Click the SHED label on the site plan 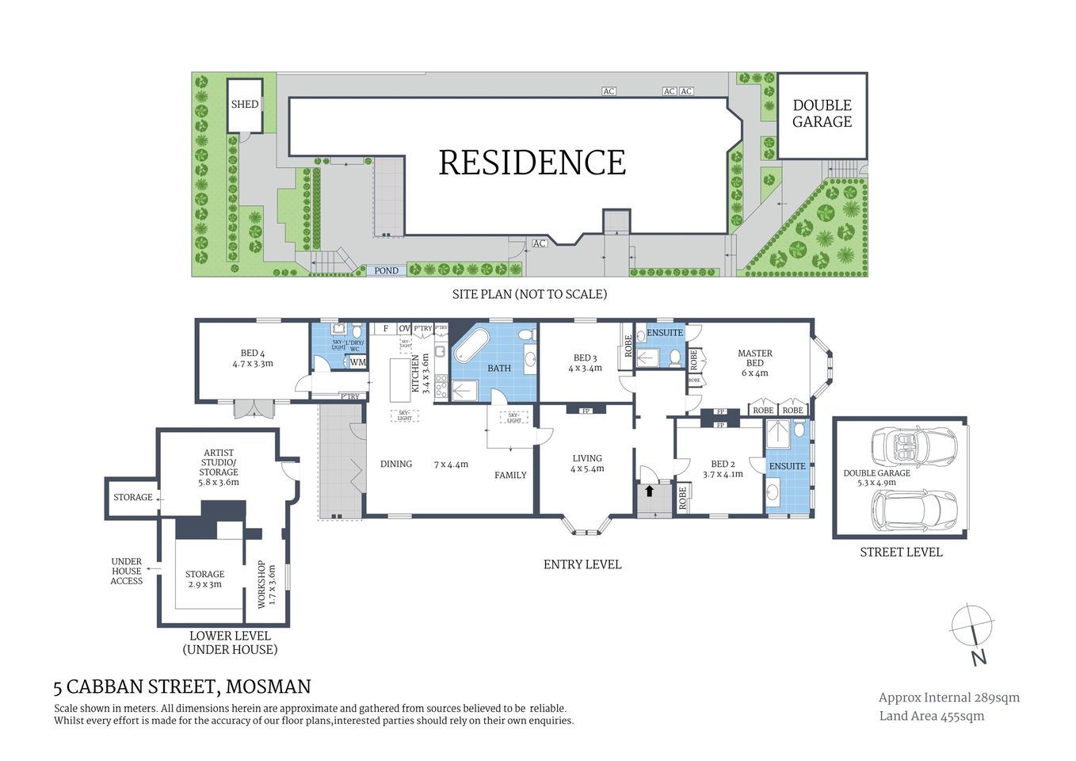[x=244, y=104]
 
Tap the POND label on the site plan [x=386, y=270]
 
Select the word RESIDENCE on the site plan [x=532, y=163]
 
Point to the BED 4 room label [x=253, y=358]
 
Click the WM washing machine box [x=358, y=362]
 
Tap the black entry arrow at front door [x=649, y=491]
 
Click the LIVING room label [x=587, y=463]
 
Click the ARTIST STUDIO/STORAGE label [x=218, y=467]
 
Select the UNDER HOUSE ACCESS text [x=127, y=571]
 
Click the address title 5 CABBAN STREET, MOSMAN [x=181, y=686]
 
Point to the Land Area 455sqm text [x=931, y=716]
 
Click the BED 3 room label [x=585, y=363]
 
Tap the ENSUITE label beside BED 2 [x=787, y=466]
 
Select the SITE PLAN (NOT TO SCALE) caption [x=529, y=294]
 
